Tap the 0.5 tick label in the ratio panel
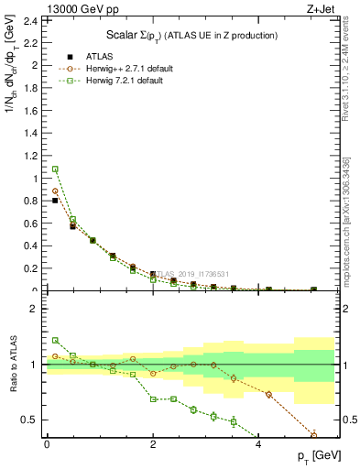31,420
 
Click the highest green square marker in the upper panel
55,169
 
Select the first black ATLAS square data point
55,200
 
